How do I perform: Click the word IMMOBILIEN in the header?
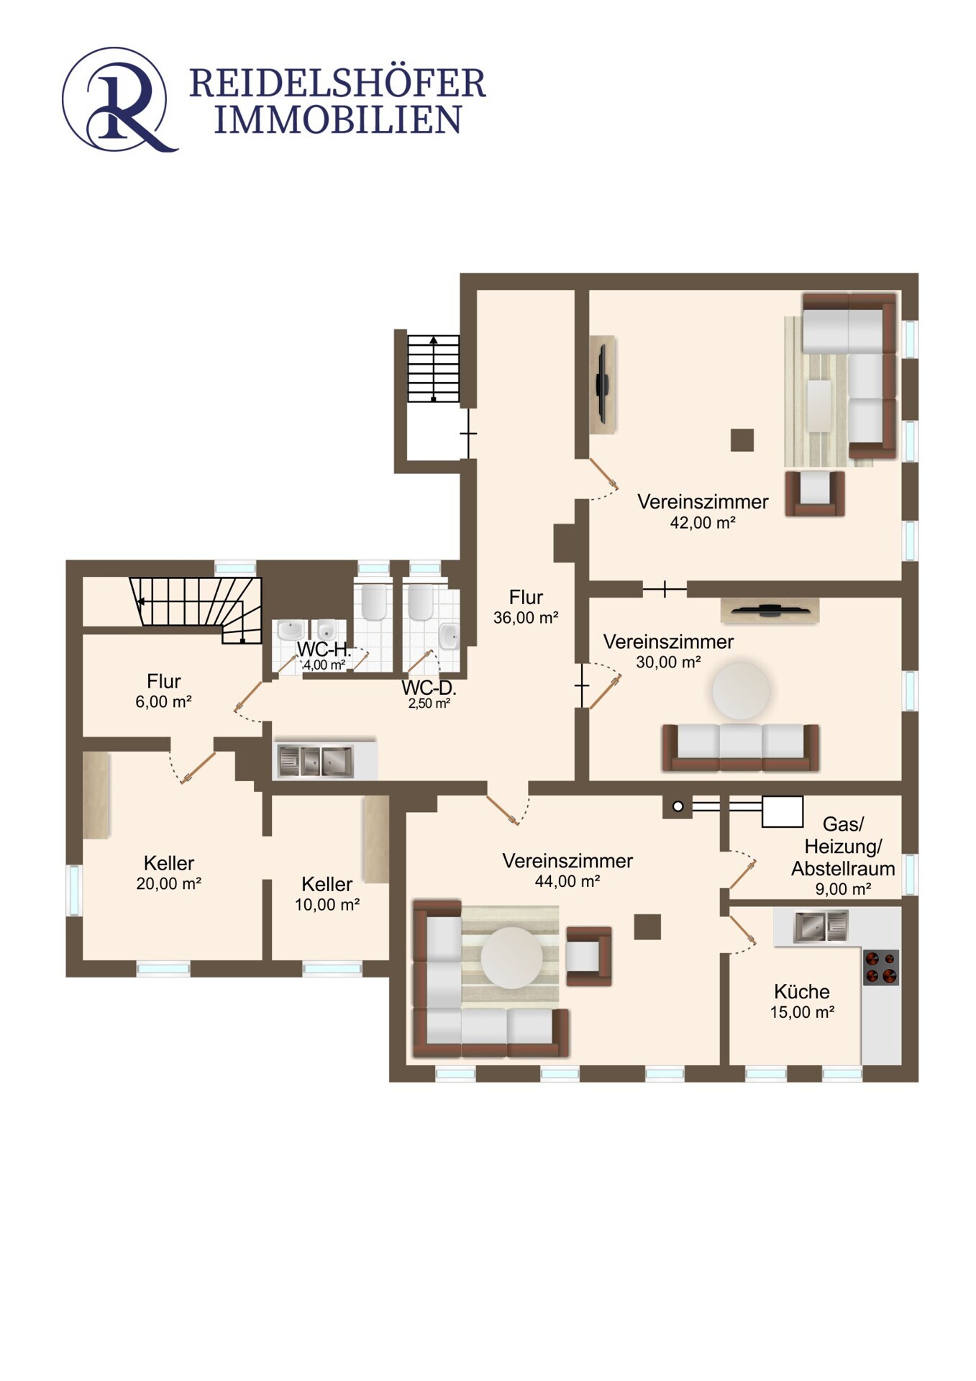(337, 120)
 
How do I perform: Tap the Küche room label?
(801, 991)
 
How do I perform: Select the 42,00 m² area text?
(702, 523)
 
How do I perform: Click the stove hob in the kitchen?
(880, 967)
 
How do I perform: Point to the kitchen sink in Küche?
(821, 926)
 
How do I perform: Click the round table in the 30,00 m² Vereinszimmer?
(741, 690)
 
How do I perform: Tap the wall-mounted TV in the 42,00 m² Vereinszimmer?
(603, 384)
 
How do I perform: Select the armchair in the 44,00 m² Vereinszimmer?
(588, 956)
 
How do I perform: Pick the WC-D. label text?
(429, 688)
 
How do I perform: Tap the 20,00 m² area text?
(168, 883)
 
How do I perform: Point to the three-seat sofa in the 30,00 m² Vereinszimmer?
(741, 748)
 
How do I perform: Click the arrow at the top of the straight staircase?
(433, 341)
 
